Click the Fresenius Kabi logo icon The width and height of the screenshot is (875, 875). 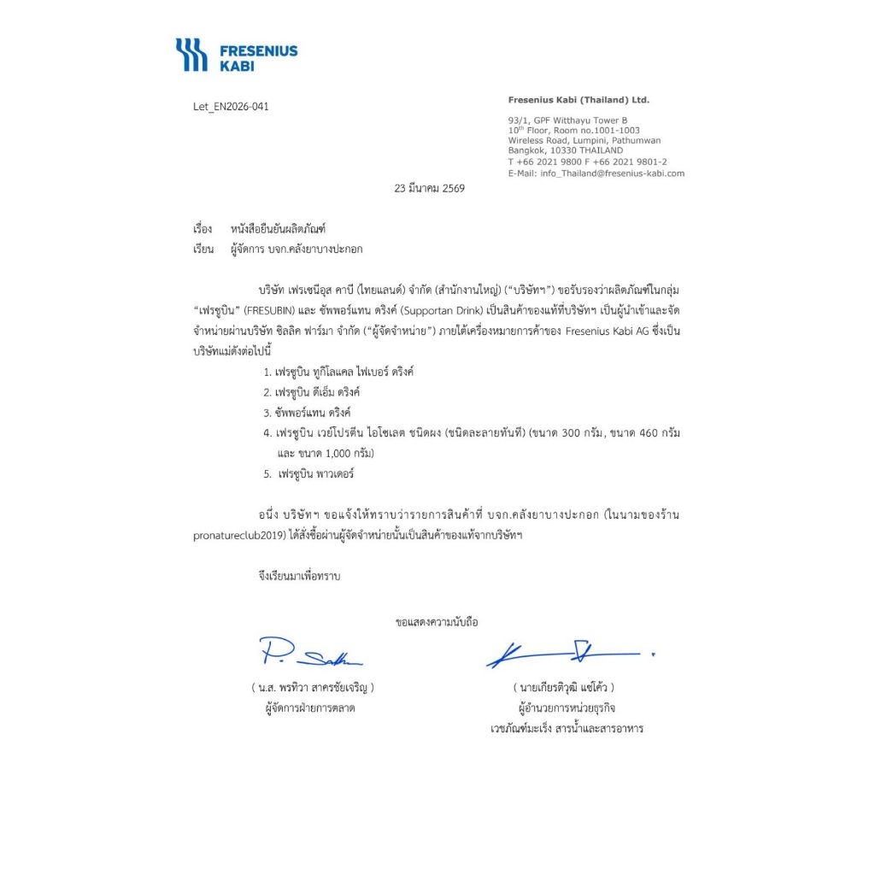191,54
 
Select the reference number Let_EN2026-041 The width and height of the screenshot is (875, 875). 231,107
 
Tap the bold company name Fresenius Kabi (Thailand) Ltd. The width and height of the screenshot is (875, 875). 578,100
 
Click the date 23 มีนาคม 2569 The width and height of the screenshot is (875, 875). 429,188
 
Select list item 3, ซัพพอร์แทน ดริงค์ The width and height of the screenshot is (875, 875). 312,413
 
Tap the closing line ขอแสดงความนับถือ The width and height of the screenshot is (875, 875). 437,622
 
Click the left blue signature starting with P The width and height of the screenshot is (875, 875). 309,655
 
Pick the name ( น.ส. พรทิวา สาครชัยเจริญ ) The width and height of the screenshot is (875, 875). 313,687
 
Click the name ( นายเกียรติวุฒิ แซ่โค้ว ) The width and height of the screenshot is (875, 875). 564,687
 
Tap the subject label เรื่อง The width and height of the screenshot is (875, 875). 203,229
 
